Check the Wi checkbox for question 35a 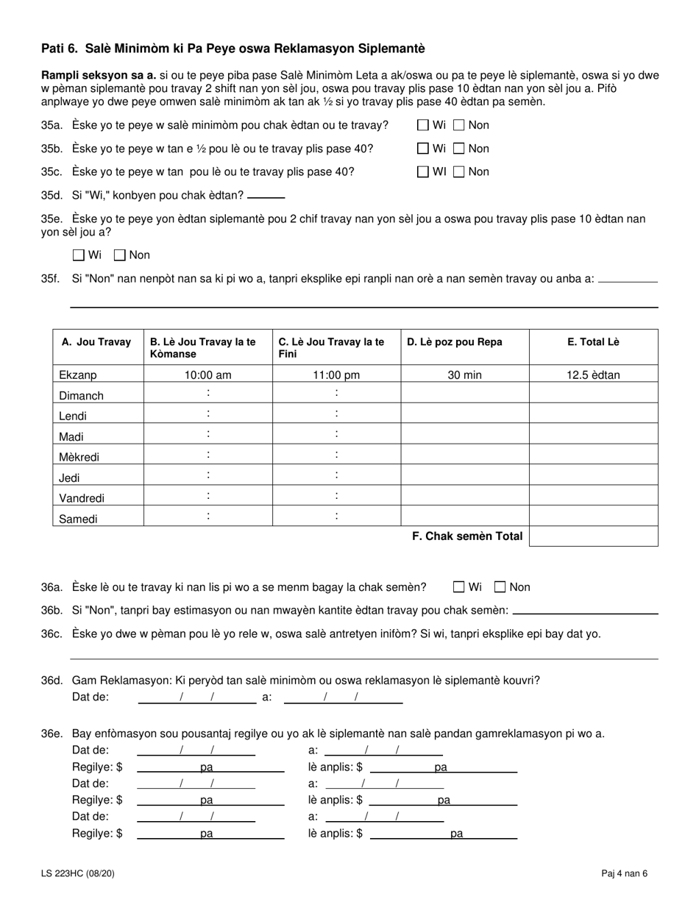click(x=423, y=125)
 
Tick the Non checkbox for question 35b click(x=459, y=149)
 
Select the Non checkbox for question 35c click(x=459, y=172)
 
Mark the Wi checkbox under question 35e click(x=79, y=255)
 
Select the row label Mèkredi click(x=79, y=457)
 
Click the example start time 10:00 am click(x=207, y=375)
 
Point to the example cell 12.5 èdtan click(x=593, y=375)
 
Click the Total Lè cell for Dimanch click(x=593, y=394)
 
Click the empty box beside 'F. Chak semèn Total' click(x=593, y=536)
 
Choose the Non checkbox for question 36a click(x=500, y=587)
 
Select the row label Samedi click(x=78, y=519)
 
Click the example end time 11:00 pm click(x=336, y=375)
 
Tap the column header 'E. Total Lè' click(x=593, y=342)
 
